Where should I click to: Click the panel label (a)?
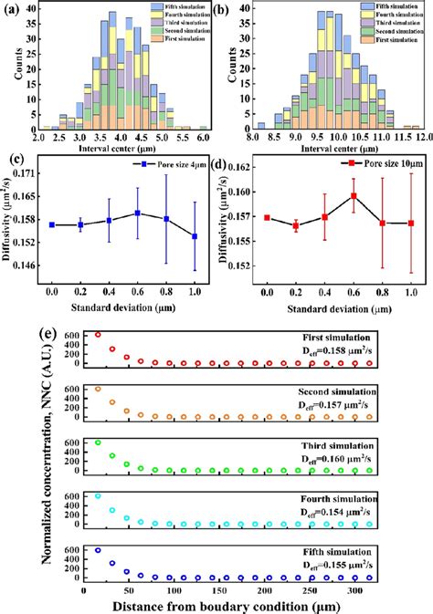click(x=14, y=11)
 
